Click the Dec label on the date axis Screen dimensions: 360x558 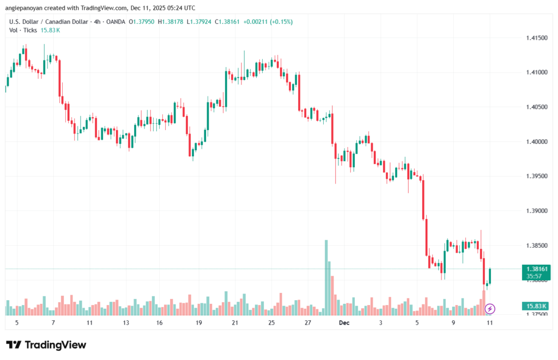click(344, 322)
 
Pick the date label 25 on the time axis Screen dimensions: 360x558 click(271, 322)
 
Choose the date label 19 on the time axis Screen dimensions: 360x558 click(199, 322)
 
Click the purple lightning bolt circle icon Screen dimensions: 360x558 click(489, 309)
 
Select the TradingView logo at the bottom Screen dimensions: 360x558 click(46, 345)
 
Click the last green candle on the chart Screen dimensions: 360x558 click(490, 276)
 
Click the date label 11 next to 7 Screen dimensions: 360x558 click(89, 322)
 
